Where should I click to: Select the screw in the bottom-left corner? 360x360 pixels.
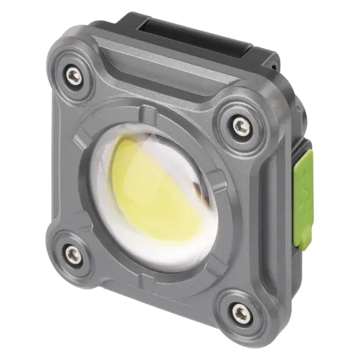(x=71, y=252)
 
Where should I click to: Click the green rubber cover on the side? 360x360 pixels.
(x=303, y=173)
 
